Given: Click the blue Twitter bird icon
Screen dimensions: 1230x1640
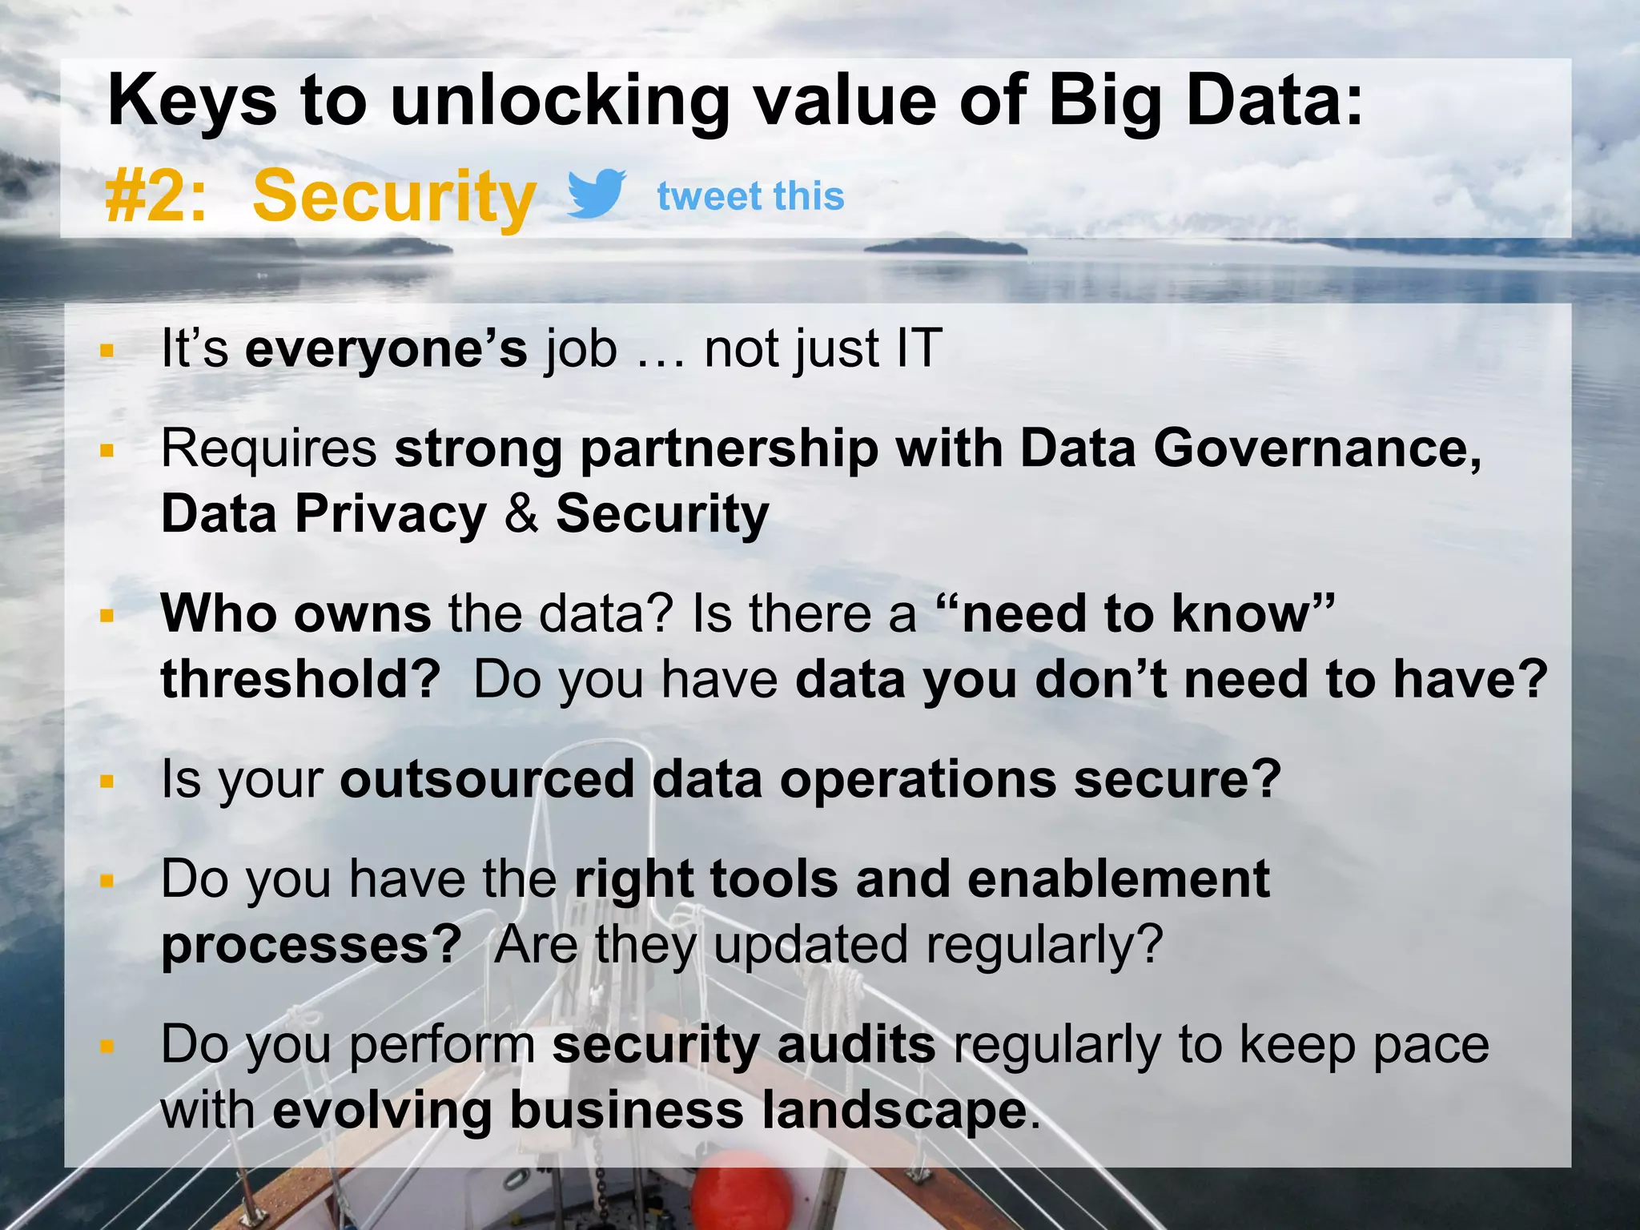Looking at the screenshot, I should (597, 193).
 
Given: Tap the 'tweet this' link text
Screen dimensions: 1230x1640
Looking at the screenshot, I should (750, 196).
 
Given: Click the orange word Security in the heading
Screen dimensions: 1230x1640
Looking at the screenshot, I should (394, 196).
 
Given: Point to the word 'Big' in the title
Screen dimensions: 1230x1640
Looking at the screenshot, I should (1104, 102).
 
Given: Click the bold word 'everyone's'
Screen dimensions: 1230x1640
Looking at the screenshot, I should (386, 349).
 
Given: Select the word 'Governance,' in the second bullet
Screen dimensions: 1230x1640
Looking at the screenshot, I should (1317, 448).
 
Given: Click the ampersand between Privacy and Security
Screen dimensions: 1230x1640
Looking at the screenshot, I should (521, 514).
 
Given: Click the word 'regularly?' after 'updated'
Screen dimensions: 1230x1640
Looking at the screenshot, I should (1043, 944).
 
